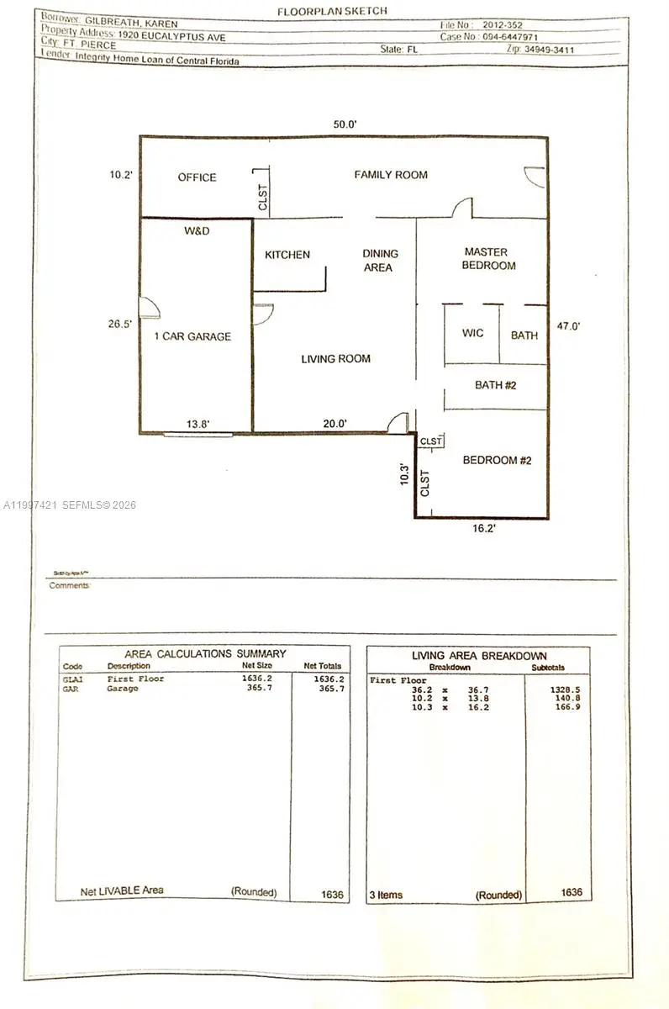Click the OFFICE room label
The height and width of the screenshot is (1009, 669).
197,177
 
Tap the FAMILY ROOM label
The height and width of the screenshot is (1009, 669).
390,175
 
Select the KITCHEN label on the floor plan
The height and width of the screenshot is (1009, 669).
287,255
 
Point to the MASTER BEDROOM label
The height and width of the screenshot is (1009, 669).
490,259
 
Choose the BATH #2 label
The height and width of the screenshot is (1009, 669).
494,386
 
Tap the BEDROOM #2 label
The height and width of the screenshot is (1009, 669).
497,460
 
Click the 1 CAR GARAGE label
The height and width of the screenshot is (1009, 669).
192,336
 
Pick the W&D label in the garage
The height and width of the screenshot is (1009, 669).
197,230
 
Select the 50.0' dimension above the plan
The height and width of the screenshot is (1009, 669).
345,124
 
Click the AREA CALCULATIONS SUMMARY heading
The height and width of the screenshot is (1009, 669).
205,653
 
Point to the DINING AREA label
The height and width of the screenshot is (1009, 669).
380,261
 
